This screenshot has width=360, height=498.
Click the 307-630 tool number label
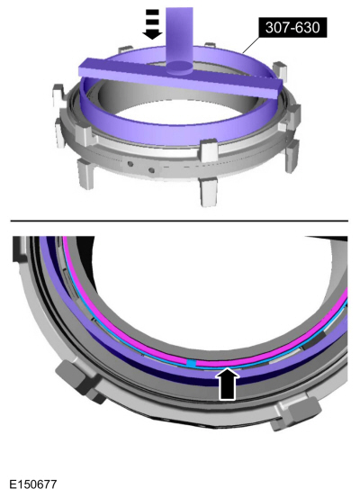[x=292, y=28]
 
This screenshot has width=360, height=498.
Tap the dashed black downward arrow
[x=152, y=24]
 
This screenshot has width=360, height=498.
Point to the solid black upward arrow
[x=229, y=384]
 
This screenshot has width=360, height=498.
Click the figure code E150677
[x=33, y=484]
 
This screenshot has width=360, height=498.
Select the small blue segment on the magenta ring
[x=191, y=363]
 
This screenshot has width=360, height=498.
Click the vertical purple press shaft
[x=179, y=37]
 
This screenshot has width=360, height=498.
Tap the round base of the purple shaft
[x=179, y=68]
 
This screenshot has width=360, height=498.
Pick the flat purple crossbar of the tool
[x=180, y=77]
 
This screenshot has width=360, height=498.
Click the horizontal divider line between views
[x=179, y=220]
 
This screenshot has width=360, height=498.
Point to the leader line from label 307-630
[x=251, y=44]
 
